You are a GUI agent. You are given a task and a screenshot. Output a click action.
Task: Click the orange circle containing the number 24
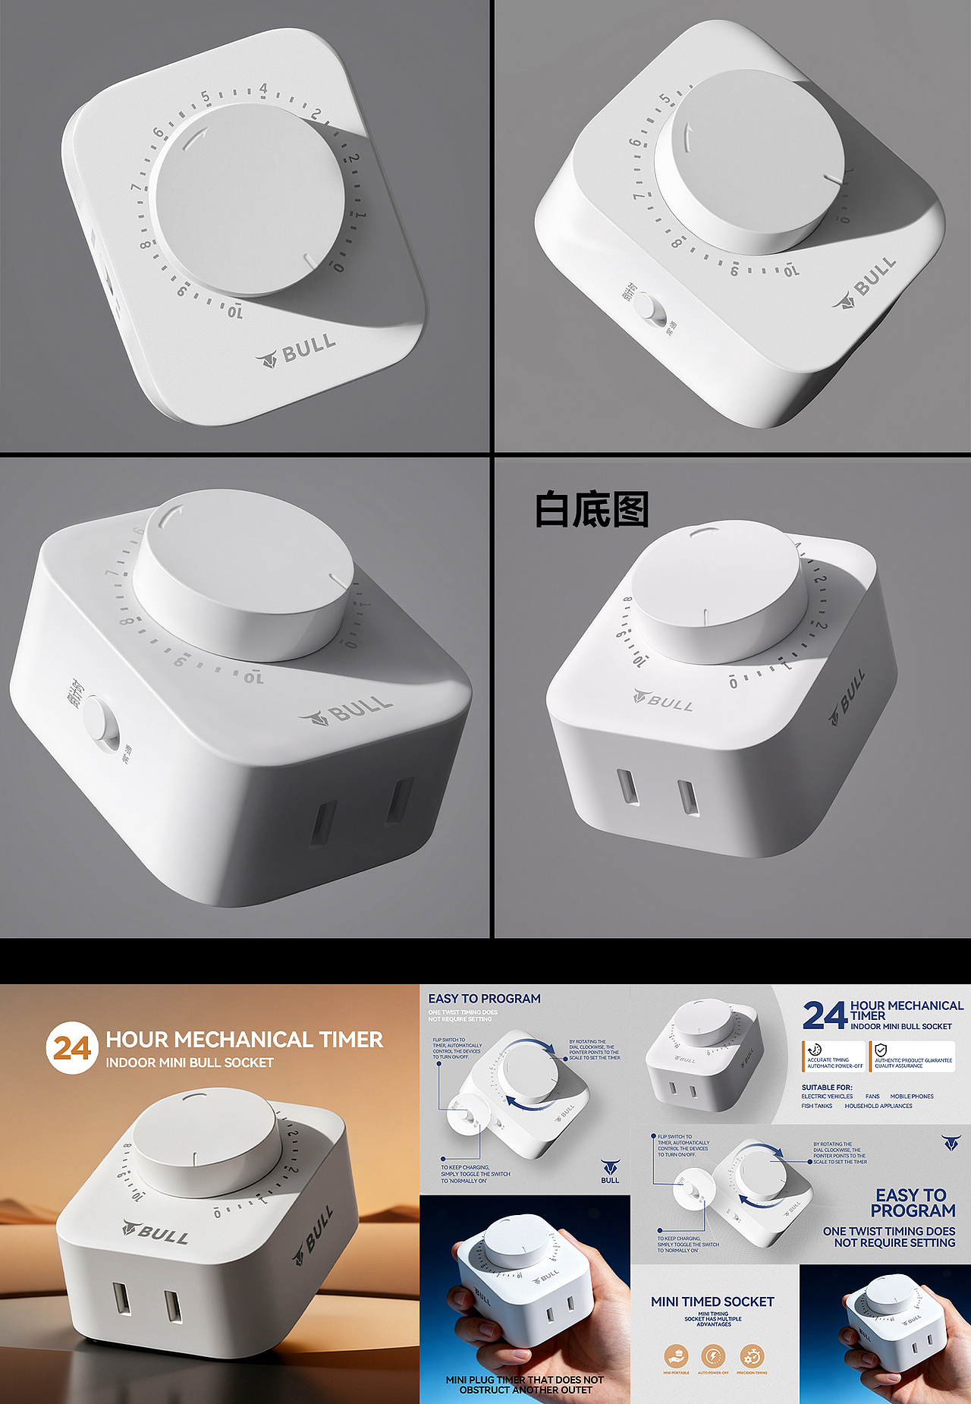click(72, 1048)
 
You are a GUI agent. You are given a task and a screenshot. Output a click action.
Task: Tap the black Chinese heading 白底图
click(592, 509)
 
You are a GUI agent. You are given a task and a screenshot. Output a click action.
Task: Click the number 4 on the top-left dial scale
click(263, 89)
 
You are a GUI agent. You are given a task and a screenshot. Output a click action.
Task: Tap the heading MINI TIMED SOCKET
click(712, 1302)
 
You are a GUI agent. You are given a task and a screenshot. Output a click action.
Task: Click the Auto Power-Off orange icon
click(713, 1356)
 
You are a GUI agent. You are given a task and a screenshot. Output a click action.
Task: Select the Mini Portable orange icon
click(676, 1356)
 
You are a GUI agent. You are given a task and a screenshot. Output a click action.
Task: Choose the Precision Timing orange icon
click(751, 1356)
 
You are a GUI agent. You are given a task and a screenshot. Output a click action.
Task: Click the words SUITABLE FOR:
click(827, 1088)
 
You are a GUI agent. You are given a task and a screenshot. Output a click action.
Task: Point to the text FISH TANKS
click(817, 1106)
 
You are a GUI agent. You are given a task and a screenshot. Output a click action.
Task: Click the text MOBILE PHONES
click(912, 1097)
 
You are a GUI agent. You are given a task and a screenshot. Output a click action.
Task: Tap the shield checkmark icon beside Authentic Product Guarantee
click(881, 1050)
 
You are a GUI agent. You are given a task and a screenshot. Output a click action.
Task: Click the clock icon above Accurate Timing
click(815, 1050)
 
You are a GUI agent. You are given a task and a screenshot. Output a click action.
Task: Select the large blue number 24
click(824, 1015)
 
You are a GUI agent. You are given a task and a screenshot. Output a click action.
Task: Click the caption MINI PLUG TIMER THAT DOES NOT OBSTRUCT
click(525, 1384)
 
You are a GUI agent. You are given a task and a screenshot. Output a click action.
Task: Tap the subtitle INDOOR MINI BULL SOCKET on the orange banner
click(190, 1062)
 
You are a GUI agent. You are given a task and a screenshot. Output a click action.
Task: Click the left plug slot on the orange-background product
click(121, 1299)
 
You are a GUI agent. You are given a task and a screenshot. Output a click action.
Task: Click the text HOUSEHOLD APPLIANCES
click(878, 1106)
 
